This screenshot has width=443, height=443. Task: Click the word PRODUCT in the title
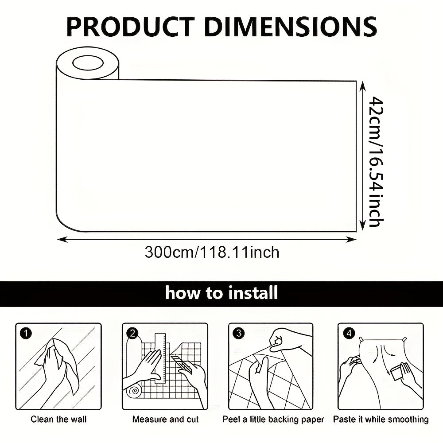pos(131,27)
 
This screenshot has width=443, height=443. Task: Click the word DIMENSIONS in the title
pos(291,27)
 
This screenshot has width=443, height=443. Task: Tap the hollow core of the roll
pos(88,63)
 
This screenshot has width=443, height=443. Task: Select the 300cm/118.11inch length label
pos(212,253)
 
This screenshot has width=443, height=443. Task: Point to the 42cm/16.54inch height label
pos(377,162)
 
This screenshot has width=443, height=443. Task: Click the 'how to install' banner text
pos(221,293)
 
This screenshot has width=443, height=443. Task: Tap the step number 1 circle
pos(26,334)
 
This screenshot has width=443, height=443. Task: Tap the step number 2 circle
pos(132,334)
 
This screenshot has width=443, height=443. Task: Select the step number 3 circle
pos(239,334)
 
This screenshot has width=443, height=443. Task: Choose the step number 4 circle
pos(349,334)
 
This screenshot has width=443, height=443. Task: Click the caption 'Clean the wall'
pos(58,419)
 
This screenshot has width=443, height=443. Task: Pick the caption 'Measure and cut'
pos(166,419)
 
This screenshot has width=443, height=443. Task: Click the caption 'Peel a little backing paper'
pos(273,420)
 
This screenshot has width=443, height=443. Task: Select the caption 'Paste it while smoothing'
pos(381,420)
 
